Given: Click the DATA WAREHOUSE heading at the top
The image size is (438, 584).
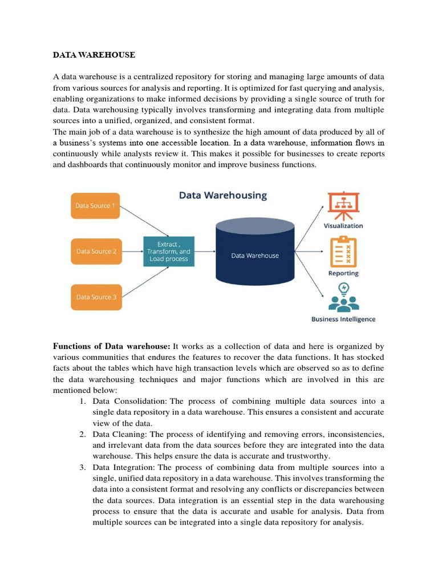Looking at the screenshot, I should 94,55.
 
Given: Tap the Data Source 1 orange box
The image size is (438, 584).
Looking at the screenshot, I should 96,205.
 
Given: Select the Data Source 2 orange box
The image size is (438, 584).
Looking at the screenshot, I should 96,251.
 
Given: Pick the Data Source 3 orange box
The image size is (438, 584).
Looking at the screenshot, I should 96,297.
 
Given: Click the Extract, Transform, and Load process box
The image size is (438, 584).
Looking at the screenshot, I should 169,252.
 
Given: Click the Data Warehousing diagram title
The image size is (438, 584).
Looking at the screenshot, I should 223,195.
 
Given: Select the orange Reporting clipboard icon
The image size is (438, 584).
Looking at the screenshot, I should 343,252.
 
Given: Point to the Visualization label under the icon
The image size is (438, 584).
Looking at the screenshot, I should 343,226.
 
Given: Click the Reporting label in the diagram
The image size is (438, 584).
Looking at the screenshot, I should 343,273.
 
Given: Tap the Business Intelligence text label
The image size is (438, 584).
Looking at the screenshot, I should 343,319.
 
